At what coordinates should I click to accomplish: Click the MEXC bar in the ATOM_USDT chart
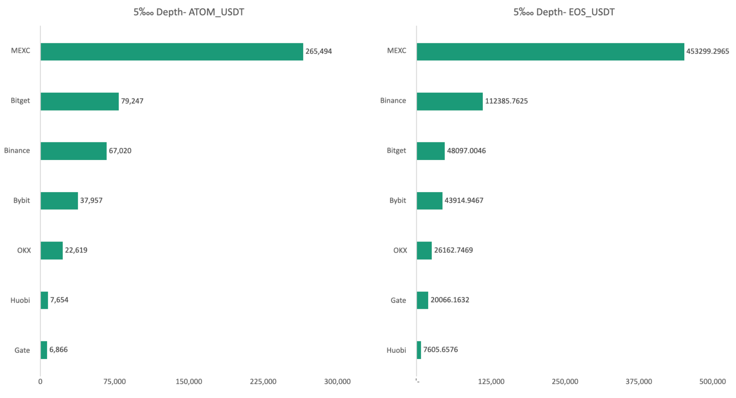[x=172, y=52]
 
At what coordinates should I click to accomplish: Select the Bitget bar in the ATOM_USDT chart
[x=80, y=101]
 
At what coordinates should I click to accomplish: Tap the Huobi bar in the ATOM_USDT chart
[x=44, y=300]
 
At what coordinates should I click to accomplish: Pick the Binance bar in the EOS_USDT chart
[x=450, y=101]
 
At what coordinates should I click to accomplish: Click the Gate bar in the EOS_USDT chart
[x=423, y=300]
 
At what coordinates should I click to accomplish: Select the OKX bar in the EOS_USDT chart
[x=424, y=251]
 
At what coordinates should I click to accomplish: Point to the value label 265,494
[x=319, y=51]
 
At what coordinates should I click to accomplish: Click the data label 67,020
[x=120, y=151]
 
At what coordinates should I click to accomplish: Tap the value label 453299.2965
[x=708, y=51]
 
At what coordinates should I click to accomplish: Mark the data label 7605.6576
[x=440, y=350]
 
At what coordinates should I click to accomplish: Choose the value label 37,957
[x=91, y=201]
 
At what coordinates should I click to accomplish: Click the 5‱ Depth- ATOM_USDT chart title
[x=189, y=12]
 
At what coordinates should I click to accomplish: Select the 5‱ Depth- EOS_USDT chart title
[x=564, y=12]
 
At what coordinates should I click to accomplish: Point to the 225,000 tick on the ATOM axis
[x=263, y=382]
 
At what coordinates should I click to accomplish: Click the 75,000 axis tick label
[x=114, y=382]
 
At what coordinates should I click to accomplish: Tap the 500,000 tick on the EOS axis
[x=713, y=382]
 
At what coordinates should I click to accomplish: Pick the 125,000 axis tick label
[x=491, y=382]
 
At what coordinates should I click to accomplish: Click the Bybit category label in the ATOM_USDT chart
[x=21, y=201]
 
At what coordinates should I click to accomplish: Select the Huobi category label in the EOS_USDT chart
[x=396, y=350]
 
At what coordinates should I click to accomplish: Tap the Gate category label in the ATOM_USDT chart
[x=22, y=350]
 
